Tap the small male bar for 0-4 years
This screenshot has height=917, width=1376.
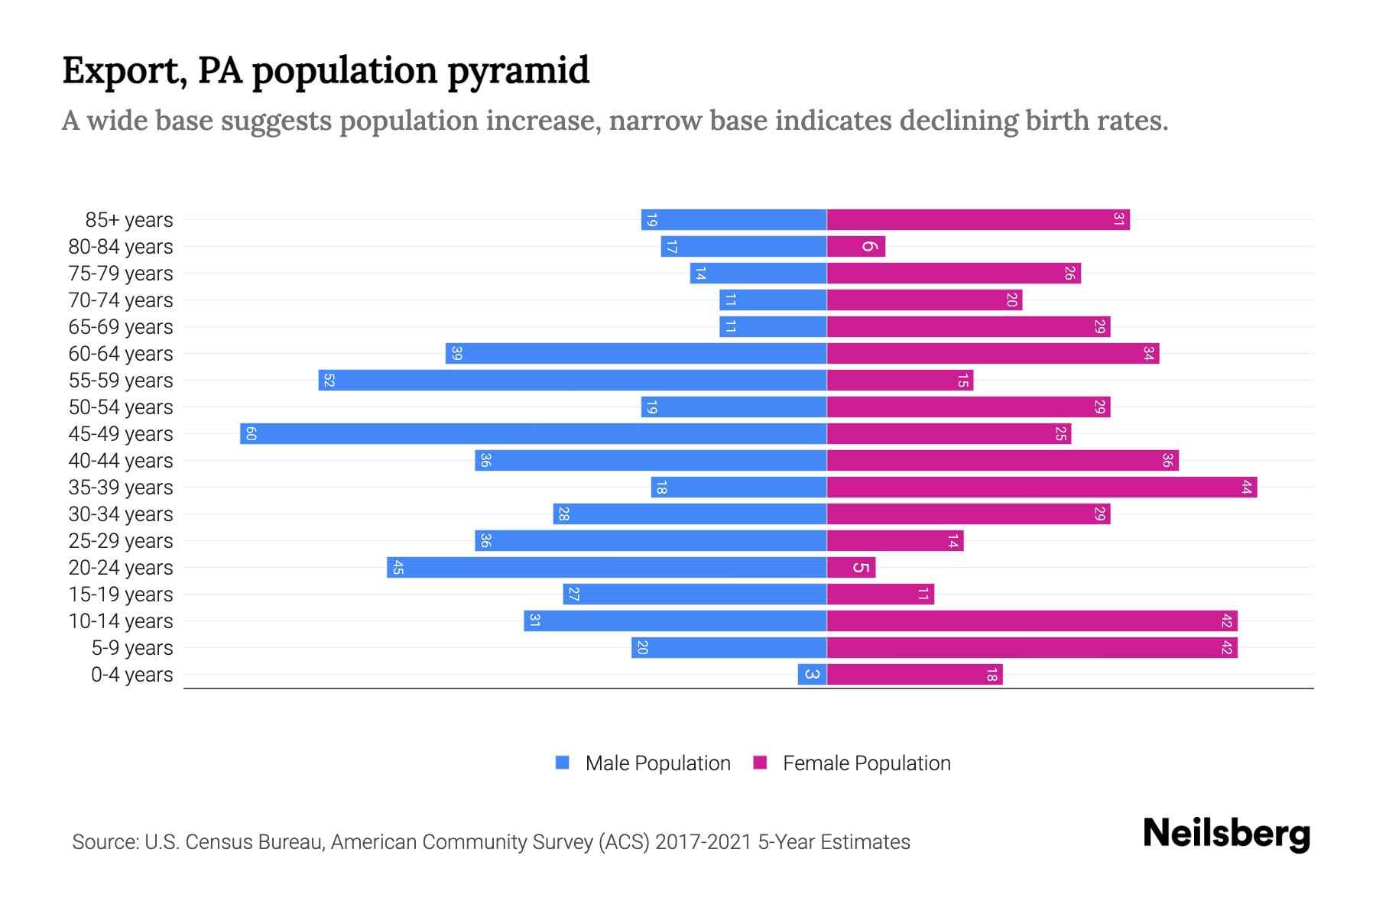812,675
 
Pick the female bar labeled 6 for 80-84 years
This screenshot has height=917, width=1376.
856,247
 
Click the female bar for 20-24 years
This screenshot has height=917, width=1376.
851,568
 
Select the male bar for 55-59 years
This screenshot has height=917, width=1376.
573,381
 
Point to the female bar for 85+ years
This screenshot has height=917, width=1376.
978,220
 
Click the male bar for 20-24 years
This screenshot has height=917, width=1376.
608,568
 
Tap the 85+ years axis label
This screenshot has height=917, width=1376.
129,220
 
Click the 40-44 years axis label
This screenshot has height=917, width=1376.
121,461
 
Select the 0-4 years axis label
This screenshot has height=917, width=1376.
131,675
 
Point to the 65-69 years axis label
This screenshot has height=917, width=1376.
121,327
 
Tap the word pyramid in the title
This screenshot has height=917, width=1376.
518,71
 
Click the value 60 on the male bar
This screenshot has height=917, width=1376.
251,434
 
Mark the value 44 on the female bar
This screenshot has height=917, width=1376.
1246,488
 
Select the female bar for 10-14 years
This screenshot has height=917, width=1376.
1032,621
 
